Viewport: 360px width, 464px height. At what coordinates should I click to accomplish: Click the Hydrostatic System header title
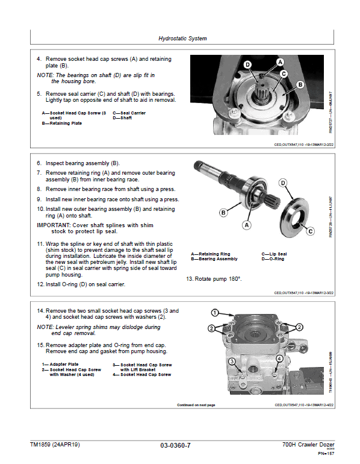coord(182,39)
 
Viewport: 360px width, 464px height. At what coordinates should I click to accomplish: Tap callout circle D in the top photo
coord(247,64)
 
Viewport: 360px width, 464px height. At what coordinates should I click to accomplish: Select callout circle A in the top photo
coord(280,62)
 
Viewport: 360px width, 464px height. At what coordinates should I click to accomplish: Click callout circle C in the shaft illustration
coord(311,231)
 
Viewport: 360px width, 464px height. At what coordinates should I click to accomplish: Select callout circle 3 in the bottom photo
coord(231,361)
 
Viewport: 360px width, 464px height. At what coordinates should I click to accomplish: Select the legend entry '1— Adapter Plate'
coord(60,365)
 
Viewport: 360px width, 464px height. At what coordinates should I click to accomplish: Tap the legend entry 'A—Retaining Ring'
coord(210,254)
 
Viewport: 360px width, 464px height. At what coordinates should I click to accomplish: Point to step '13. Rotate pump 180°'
coord(213,279)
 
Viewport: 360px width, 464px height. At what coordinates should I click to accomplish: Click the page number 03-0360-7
coord(176,445)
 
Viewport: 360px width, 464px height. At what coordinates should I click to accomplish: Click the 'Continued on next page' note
coord(196,405)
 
